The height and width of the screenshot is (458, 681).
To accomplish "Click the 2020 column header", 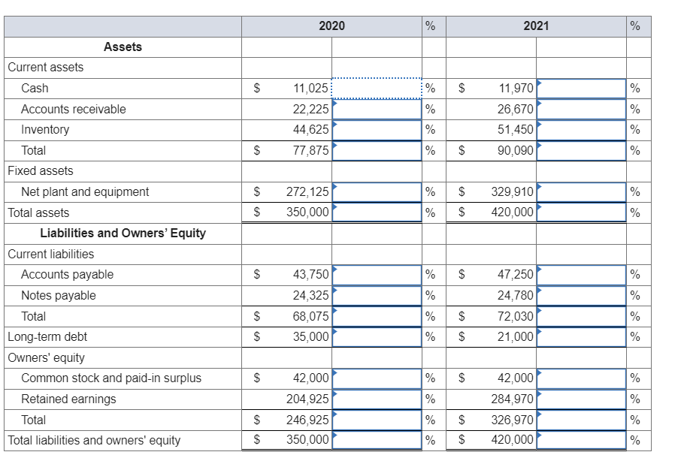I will (x=331, y=26).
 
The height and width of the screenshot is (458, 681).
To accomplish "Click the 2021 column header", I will (x=536, y=26).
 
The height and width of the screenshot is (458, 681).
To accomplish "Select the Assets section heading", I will (x=123, y=47).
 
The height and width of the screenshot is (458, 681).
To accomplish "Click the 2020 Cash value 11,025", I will (x=310, y=89).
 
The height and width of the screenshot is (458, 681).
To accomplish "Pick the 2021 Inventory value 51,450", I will (x=516, y=130).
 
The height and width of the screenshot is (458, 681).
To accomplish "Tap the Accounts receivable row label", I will (x=73, y=109).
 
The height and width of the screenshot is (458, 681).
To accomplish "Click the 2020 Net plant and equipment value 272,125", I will (x=307, y=192).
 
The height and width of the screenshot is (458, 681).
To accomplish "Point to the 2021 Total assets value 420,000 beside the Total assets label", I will (x=513, y=212).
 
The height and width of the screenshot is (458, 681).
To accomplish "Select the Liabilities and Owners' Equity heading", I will (x=123, y=233).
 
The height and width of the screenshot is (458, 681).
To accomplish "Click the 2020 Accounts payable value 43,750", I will (x=310, y=275).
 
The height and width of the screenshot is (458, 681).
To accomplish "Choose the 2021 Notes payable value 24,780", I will (x=516, y=296).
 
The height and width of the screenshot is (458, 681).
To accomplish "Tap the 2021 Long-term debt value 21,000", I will (x=516, y=337).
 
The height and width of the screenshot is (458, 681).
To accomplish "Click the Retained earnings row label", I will (x=68, y=399).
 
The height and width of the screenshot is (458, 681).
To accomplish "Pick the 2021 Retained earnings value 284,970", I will (x=513, y=399).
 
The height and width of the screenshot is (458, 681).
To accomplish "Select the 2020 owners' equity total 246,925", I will (x=307, y=420).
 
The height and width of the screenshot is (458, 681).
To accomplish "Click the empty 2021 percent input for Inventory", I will (x=581, y=130).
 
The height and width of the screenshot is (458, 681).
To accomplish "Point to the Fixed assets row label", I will (x=41, y=171).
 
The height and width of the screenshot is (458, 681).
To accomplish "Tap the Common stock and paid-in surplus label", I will (x=111, y=378).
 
